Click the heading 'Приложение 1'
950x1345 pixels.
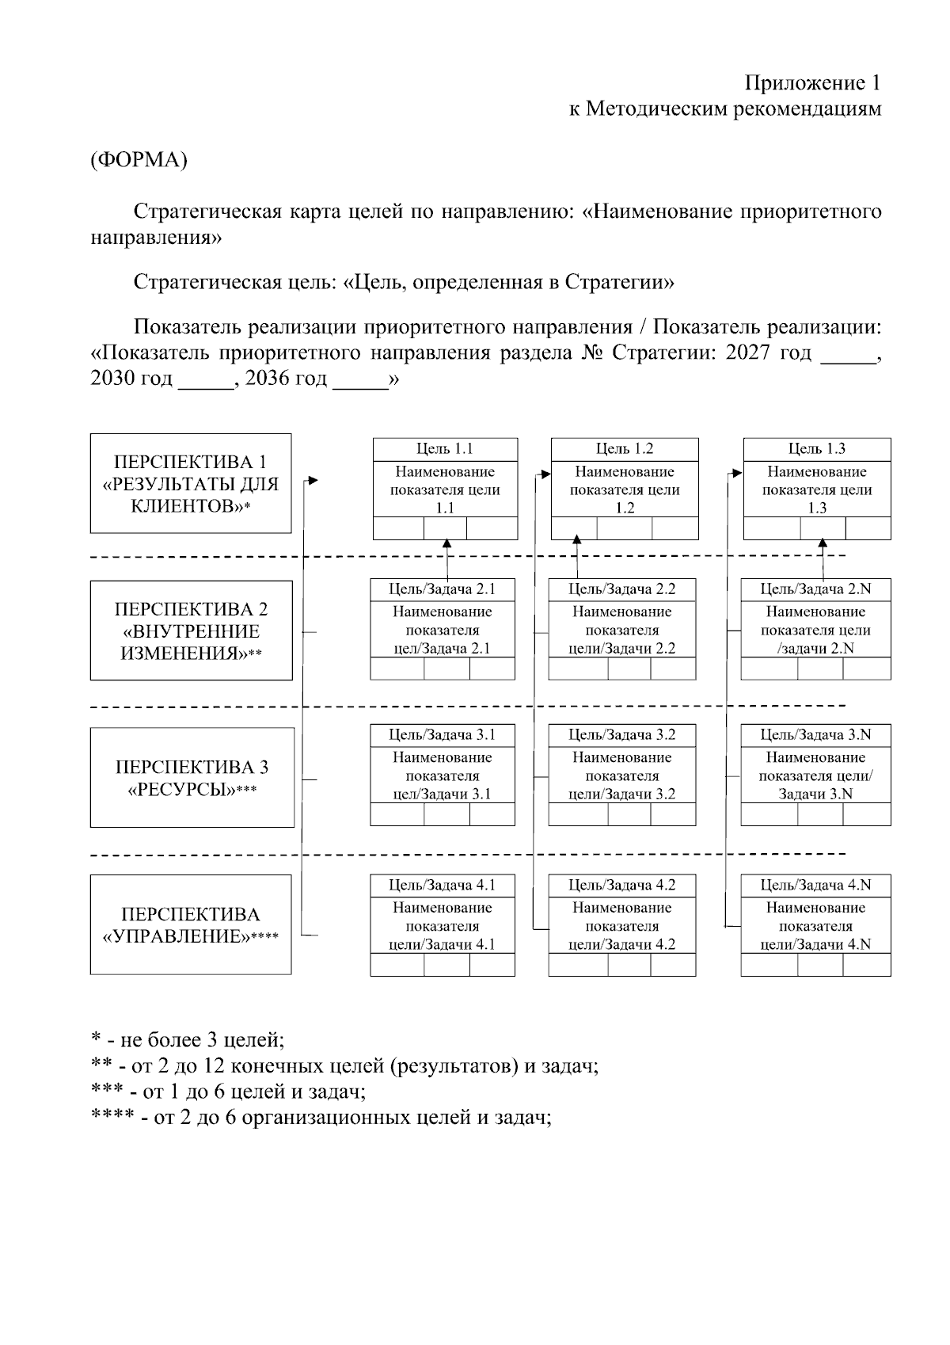pos(811,83)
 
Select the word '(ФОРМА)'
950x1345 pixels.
pos(139,160)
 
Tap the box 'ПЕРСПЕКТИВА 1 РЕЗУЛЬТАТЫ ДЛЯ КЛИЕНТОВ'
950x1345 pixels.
pos(191,483)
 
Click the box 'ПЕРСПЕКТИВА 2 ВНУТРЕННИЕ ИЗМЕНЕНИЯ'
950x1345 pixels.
pos(191,631)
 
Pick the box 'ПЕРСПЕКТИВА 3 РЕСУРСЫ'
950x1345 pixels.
pos(192,777)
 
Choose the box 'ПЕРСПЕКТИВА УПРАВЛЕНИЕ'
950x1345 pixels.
pos(191,924)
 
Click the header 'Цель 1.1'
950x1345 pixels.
pos(445,449)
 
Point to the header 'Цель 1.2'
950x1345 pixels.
pos(625,449)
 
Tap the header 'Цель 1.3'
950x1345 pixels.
pos(816,449)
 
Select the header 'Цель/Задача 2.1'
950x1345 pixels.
pos(443,589)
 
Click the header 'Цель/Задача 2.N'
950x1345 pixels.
pos(815,589)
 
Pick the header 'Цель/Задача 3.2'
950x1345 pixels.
pos(622,735)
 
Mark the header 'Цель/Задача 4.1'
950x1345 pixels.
pos(443,885)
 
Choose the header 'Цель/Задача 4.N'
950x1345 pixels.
pos(815,885)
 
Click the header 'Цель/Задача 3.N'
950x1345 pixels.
pos(815,735)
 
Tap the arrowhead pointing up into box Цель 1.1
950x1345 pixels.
pos(447,544)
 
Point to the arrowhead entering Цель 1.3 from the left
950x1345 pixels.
pos(737,473)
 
